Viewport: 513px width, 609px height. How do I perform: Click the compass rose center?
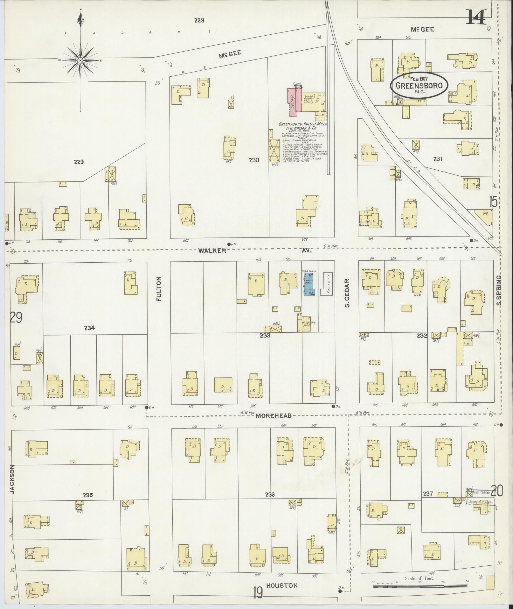[x=80, y=60]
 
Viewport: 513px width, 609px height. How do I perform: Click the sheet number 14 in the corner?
[x=476, y=17]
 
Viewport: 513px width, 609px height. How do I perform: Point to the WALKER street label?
[x=212, y=251]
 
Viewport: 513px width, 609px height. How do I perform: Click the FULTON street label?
[x=159, y=289]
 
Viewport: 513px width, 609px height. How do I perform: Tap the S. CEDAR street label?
[x=347, y=293]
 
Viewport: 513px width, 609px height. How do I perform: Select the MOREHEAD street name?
[x=274, y=416]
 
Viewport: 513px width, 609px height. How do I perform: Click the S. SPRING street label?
[x=498, y=290]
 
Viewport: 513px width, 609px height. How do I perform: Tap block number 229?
[x=79, y=162]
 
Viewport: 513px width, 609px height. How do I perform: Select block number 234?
[x=90, y=328]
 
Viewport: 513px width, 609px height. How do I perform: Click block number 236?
[x=270, y=494]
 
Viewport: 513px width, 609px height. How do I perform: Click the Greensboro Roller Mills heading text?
[x=303, y=124]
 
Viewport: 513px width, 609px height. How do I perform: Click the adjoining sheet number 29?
[x=16, y=317]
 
